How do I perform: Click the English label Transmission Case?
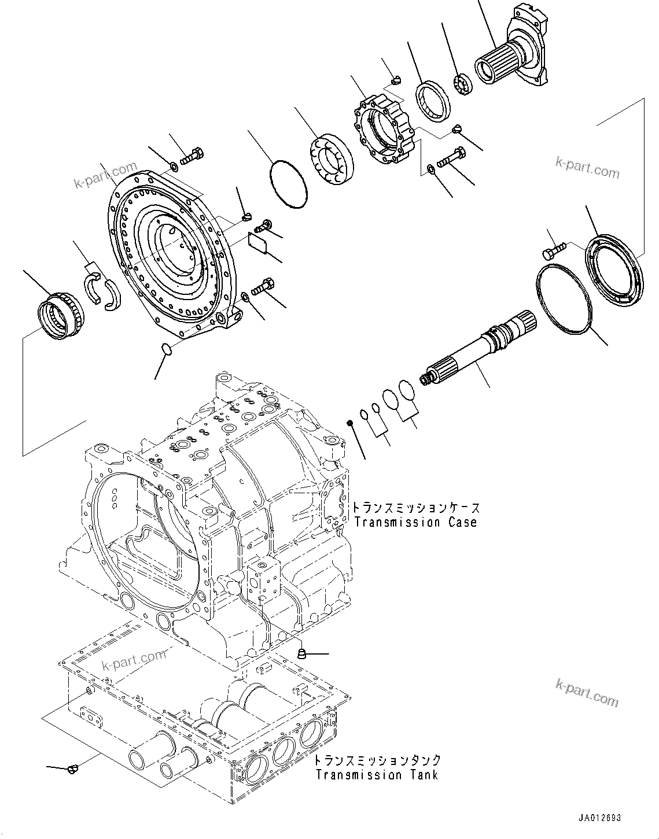pyautogui.click(x=415, y=522)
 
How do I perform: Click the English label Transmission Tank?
pyautogui.click(x=377, y=775)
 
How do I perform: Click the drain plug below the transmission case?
pyautogui.click(x=301, y=654)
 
